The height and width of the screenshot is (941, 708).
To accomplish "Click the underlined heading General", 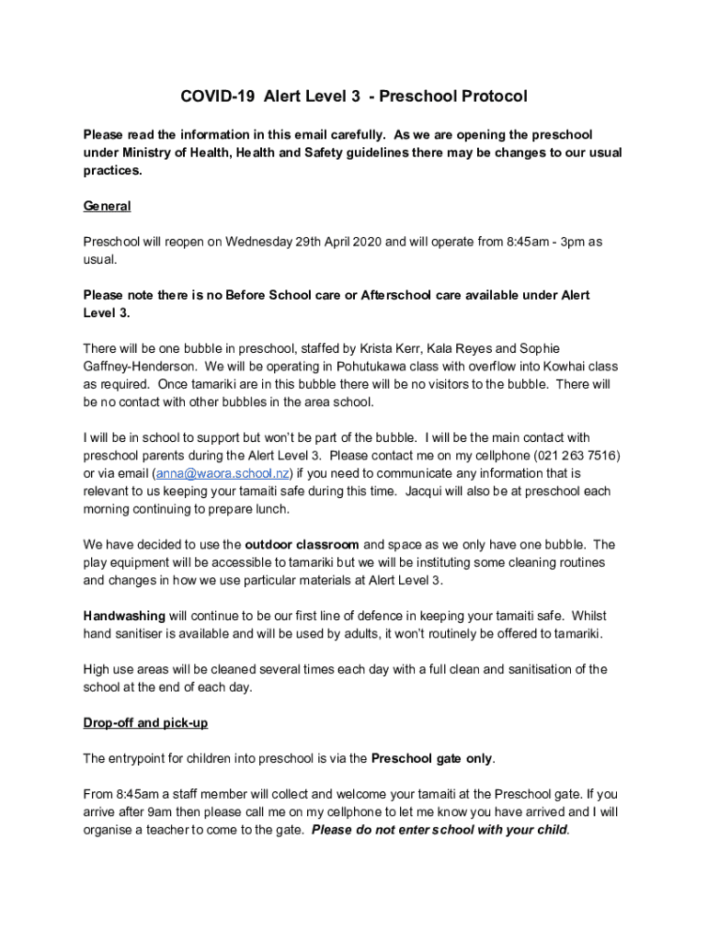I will pyautogui.click(x=107, y=206).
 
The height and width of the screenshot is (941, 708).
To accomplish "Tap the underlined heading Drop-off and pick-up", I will pyautogui.click(x=145, y=722).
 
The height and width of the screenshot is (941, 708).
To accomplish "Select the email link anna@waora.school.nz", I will pyautogui.click(x=224, y=473).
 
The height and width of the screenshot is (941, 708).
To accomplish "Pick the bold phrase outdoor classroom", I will pyautogui.click(x=302, y=544).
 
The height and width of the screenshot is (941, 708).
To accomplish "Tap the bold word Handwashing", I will pyautogui.click(x=124, y=616).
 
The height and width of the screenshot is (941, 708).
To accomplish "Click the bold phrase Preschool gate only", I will pyautogui.click(x=432, y=758).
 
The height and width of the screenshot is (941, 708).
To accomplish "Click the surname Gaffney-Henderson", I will pyautogui.click(x=139, y=366).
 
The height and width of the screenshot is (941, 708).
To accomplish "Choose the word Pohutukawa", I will pyautogui.click(x=360, y=366).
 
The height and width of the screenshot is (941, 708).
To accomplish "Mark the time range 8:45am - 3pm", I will pyautogui.click(x=544, y=242).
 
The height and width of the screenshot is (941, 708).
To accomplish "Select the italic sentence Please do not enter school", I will pyautogui.click(x=440, y=830).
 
